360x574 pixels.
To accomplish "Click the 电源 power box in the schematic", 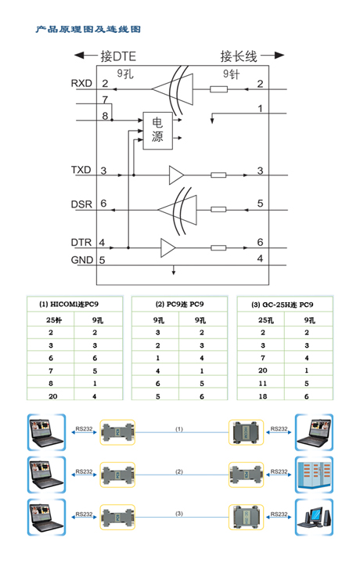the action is pyautogui.click(x=157, y=130).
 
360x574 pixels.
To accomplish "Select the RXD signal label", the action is pyautogui.click(x=81, y=84).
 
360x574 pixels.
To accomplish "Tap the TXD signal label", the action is pyautogui.click(x=81, y=170).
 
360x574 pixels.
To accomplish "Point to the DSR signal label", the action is pyautogui.click(x=81, y=204).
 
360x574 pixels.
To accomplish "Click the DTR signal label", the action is pyautogui.click(x=81, y=242).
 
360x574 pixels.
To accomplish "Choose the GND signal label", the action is pyautogui.click(x=82, y=260).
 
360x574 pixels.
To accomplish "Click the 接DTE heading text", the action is pyautogui.click(x=118, y=56).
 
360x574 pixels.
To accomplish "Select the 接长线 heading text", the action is pyautogui.click(x=239, y=56).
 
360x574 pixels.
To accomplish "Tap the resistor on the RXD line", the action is pyautogui.click(x=218, y=89).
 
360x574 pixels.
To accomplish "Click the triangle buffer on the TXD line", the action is pyautogui.click(x=175, y=175).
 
